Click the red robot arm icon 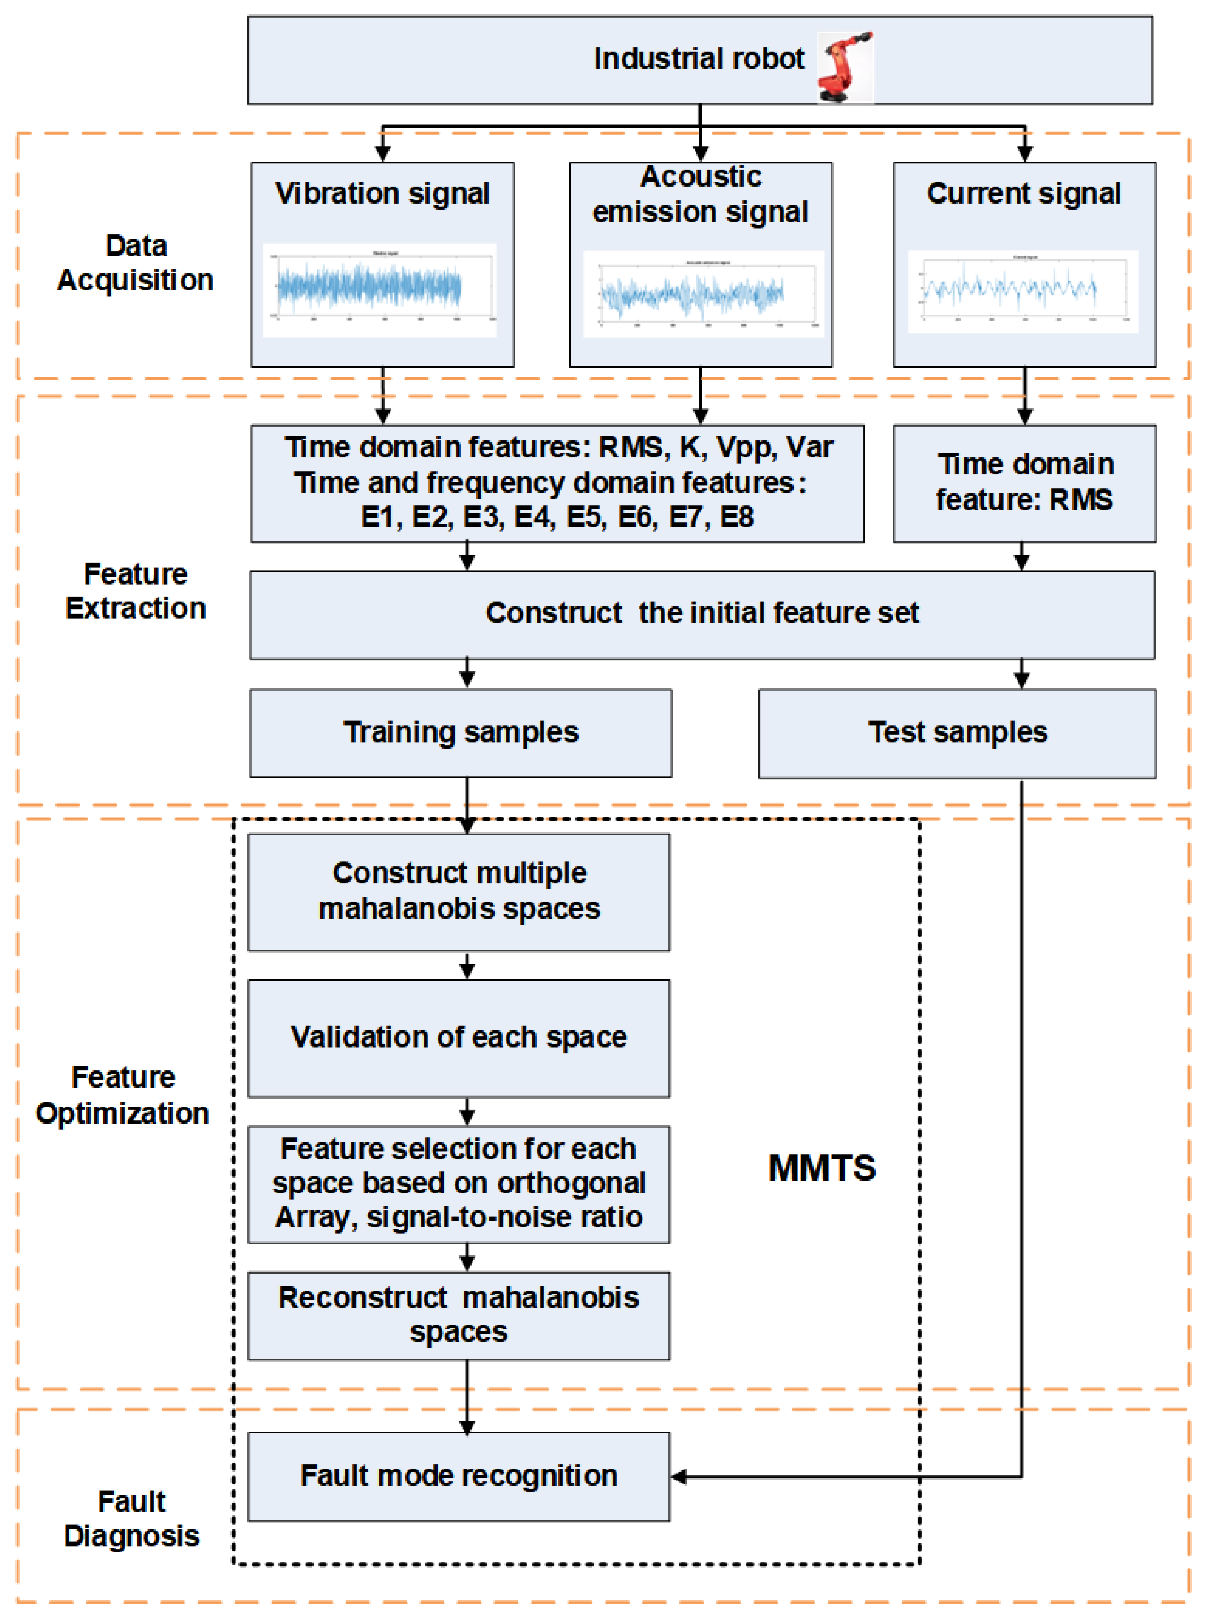click(845, 67)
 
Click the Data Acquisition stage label click(136, 263)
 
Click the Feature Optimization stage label click(122, 1094)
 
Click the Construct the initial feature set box click(702, 613)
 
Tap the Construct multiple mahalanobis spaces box click(459, 891)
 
